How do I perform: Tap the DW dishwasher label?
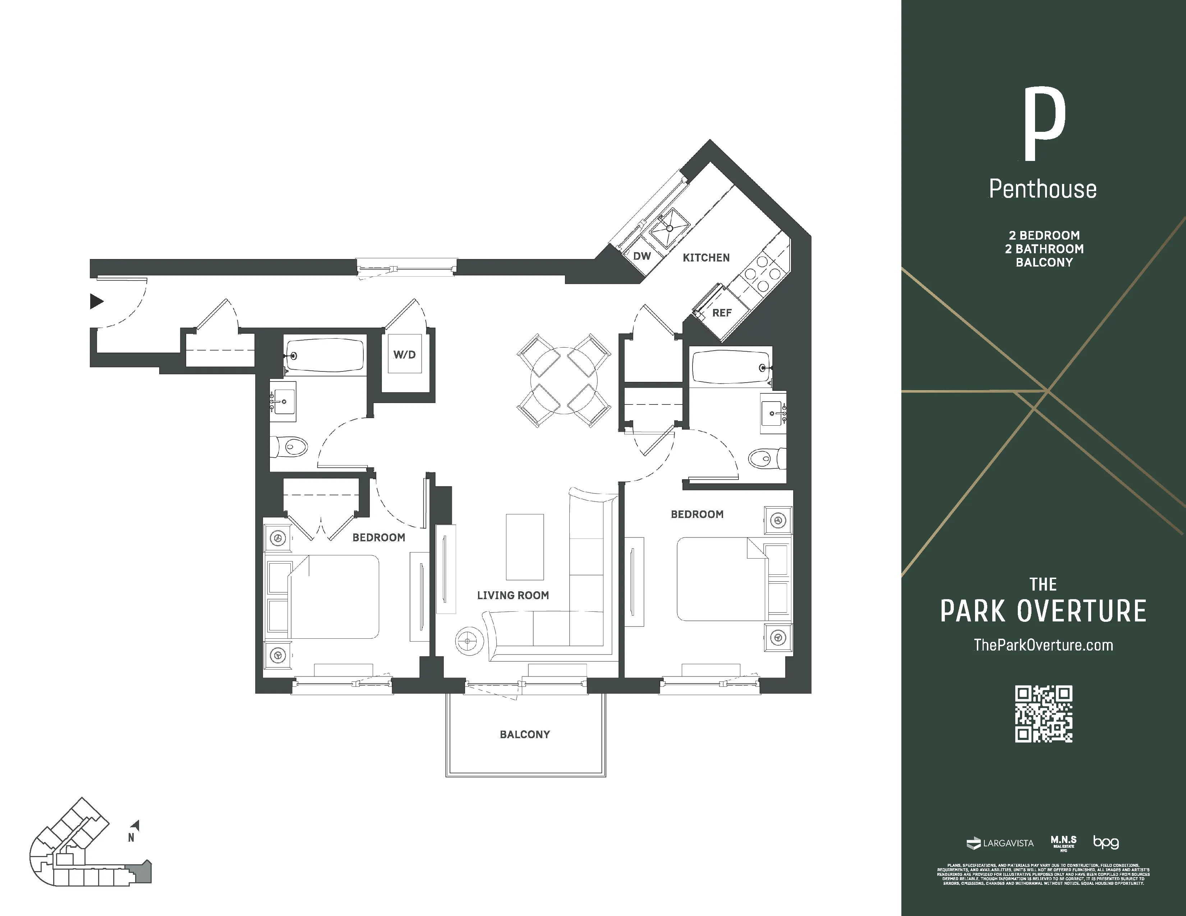[x=642, y=256]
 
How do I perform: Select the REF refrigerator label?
[x=722, y=313]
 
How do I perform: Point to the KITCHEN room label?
[x=706, y=258]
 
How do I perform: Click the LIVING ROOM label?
[x=512, y=595]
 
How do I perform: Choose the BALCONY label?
[x=525, y=735]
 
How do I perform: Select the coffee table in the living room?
[x=525, y=547]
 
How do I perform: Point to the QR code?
[x=1043, y=714]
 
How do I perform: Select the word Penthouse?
[x=1043, y=189]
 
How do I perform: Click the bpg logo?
[x=1105, y=842]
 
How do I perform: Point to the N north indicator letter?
[x=131, y=838]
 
